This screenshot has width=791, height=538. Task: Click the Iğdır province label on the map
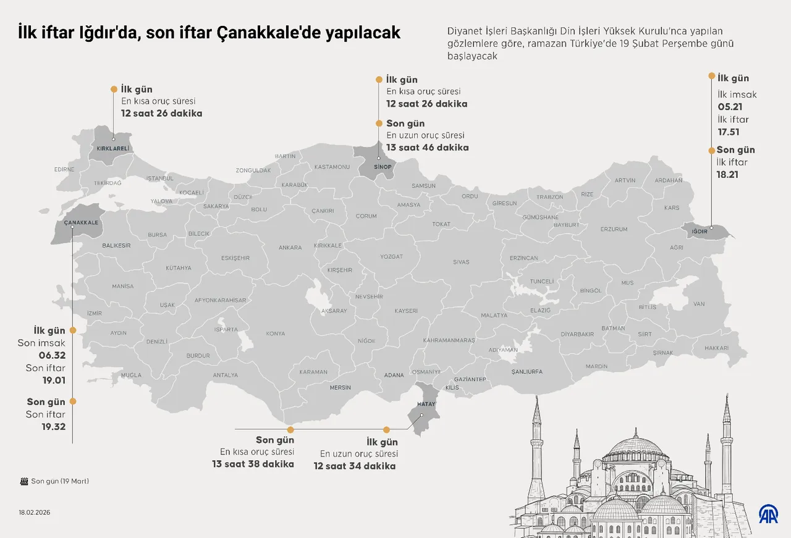699,231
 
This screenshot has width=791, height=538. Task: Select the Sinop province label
383,167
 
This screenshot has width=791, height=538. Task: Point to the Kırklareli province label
112,148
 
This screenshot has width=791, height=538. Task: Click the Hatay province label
427,403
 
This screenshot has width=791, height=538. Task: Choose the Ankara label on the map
290,248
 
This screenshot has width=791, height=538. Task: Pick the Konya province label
275,334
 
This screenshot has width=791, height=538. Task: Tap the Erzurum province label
614,229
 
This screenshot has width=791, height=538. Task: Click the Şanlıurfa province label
527,372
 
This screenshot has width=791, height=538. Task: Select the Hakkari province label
716,348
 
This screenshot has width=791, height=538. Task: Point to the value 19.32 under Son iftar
54,427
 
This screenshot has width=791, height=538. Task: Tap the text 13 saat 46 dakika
427,148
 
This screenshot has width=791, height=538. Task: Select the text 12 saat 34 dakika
354,466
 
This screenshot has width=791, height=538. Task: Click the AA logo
769,513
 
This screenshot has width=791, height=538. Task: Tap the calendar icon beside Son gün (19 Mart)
24,481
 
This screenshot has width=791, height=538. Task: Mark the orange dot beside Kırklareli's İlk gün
113,89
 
